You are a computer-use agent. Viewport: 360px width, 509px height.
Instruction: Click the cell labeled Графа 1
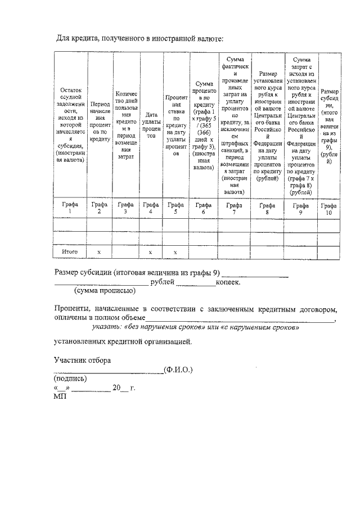coord(70,208)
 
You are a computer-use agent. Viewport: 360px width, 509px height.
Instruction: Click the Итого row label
coord(70,252)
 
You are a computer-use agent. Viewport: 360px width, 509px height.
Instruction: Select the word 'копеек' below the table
coord(228,282)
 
